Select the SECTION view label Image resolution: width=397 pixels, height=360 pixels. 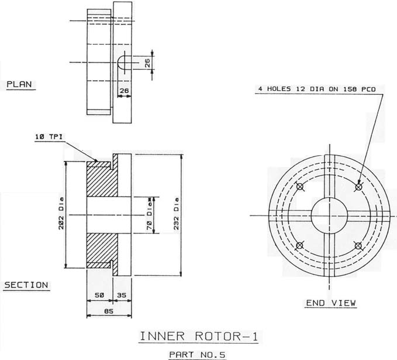pos(26,285)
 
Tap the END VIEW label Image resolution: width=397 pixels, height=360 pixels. pos(331,303)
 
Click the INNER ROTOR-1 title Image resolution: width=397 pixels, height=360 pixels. pos(199,337)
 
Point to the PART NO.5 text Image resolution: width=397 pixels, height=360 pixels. pos(197,354)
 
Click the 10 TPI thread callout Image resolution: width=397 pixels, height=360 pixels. pos(49,137)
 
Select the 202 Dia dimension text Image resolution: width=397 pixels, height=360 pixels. pos(61,213)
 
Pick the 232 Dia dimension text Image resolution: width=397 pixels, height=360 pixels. pos(176,214)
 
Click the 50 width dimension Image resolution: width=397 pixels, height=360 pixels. pos(99,295)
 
